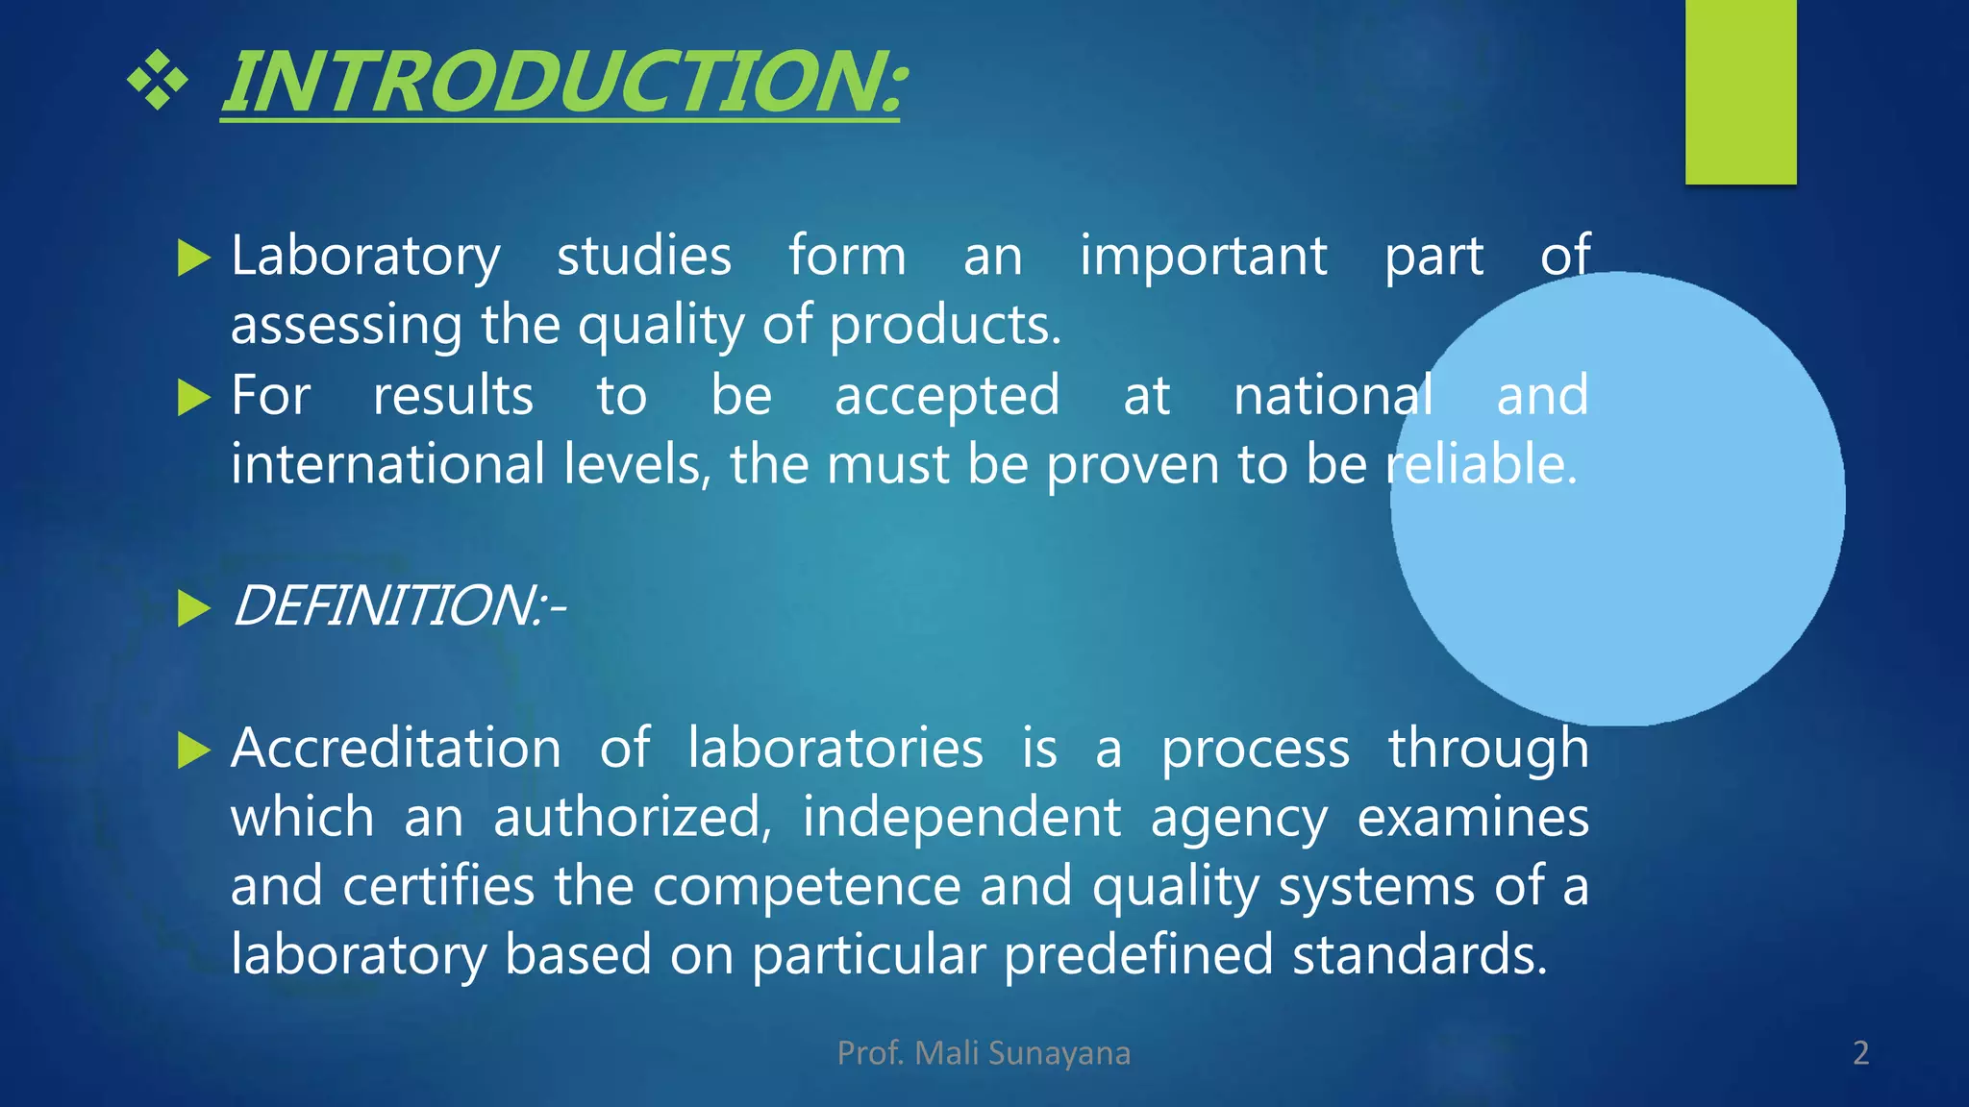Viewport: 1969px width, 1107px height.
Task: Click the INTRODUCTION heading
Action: (562, 83)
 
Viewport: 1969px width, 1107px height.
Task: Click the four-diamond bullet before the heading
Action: (157, 81)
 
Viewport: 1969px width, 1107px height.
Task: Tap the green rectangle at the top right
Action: (1740, 91)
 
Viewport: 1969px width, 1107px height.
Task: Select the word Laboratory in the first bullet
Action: (365, 257)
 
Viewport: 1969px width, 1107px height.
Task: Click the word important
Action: (1203, 257)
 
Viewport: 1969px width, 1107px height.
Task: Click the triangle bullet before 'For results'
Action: (193, 397)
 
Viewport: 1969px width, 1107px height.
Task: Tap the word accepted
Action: (947, 397)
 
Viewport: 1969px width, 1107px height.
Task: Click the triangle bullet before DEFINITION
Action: (193, 608)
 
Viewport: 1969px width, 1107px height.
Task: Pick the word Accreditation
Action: (396, 749)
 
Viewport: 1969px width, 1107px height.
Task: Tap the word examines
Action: (1472, 818)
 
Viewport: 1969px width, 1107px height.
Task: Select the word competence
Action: (807, 886)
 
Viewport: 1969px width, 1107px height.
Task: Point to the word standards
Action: (1419, 955)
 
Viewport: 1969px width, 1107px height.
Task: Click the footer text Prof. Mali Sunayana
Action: (984, 1053)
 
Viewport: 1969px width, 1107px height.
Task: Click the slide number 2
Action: (1860, 1053)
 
